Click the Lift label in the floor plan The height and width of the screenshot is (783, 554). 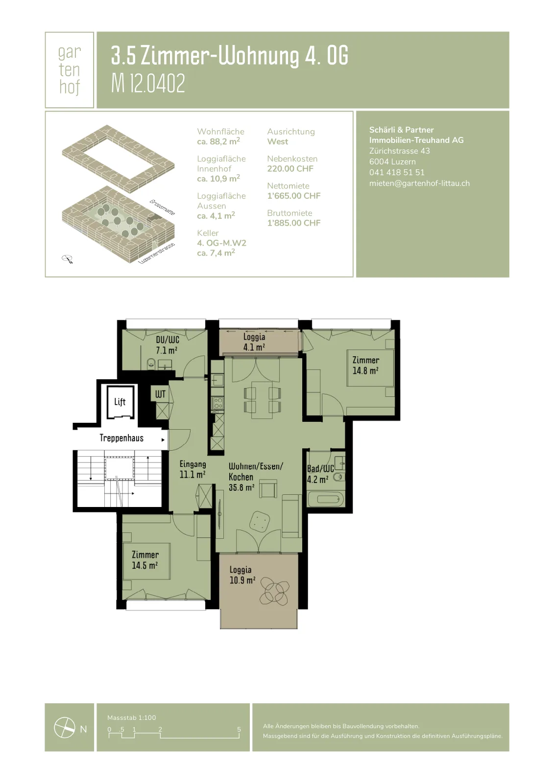pyautogui.click(x=120, y=402)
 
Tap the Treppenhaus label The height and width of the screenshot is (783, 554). pyautogui.click(x=121, y=438)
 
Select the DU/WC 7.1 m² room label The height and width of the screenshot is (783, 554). pyautogui.click(x=168, y=345)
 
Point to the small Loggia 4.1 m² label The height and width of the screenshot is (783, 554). pyautogui.click(x=254, y=342)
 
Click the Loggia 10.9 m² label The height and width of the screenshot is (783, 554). pyautogui.click(x=242, y=575)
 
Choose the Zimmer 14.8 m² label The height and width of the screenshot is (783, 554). pyautogui.click(x=366, y=365)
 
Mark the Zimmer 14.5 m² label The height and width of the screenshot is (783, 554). pyautogui.click(x=145, y=560)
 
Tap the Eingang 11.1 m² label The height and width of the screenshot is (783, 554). pyautogui.click(x=193, y=469)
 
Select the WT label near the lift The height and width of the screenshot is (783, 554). pyautogui.click(x=160, y=394)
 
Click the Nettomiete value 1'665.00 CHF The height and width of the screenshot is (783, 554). pyautogui.click(x=293, y=196)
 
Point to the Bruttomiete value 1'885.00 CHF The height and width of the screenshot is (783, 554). pyautogui.click(x=293, y=223)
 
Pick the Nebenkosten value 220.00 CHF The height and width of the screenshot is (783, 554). pyautogui.click(x=290, y=169)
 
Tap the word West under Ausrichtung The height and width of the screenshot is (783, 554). pyautogui.click(x=278, y=141)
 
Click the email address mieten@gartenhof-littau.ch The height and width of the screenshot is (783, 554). pyautogui.click(x=419, y=183)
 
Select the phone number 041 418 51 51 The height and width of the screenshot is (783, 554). pyautogui.click(x=396, y=172)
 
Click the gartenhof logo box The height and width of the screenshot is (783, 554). pyautogui.click(x=69, y=70)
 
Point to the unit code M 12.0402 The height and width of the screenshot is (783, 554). pyautogui.click(x=148, y=84)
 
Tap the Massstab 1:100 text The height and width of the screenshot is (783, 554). pyautogui.click(x=132, y=717)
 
